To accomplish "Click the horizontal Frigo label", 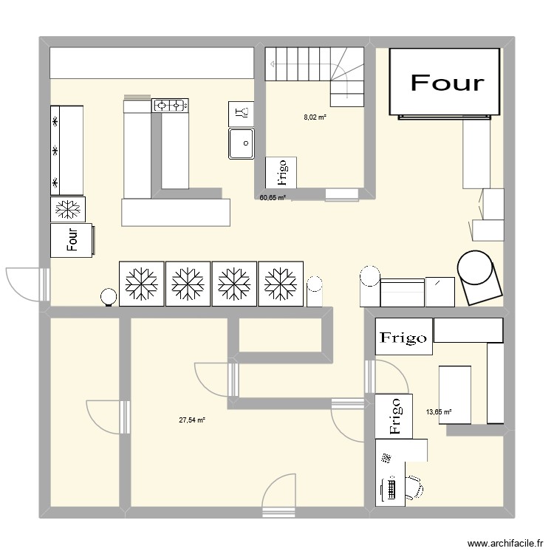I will click(x=403, y=338).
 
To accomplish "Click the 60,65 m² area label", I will click(x=272, y=198).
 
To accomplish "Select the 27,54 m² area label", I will click(x=191, y=420).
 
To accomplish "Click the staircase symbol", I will click(x=315, y=72).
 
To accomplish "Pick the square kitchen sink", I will click(x=242, y=143).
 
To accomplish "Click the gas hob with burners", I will click(x=171, y=106).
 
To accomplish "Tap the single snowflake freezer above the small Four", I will click(x=68, y=209).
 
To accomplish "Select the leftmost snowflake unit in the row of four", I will click(x=141, y=283).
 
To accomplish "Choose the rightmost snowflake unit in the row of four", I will click(x=280, y=283).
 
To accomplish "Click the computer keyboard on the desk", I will click(x=390, y=488).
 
